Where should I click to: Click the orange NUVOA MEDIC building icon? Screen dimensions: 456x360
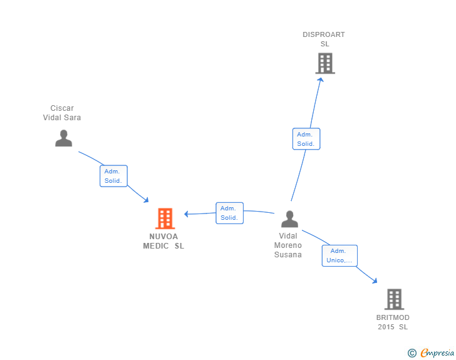click(165, 218)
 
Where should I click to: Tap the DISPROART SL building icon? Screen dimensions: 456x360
click(325, 63)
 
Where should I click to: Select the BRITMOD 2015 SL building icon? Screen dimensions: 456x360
click(394, 299)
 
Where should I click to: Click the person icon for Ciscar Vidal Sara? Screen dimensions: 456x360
click(64, 138)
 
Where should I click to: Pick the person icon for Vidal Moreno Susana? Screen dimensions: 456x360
click(289, 219)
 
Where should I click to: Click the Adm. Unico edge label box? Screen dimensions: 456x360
click(339, 255)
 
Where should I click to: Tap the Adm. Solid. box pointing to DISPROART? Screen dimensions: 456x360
click(306, 139)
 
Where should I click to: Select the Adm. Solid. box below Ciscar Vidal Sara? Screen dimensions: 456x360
click(113, 176)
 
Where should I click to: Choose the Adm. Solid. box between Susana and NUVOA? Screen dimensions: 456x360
click(229, 213)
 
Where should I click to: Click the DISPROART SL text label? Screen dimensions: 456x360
click(324, 39)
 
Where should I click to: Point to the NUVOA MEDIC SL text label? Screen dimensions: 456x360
click(163, 241)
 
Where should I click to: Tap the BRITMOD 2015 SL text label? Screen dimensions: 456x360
click(393, 322)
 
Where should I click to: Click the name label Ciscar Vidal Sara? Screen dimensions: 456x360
click(62, 113)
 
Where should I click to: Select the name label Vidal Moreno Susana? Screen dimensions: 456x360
click(288, 245)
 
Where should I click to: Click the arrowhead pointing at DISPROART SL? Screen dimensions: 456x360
click(321, 80)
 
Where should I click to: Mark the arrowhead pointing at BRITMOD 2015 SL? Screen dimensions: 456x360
click(375, 280)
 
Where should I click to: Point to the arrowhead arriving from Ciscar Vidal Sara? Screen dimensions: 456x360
click(146, 200)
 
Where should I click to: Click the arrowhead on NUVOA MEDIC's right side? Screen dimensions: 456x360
click(187, 214)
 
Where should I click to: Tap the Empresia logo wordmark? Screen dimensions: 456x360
click(437, 352)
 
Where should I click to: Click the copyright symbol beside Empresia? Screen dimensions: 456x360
click(412, 353)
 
